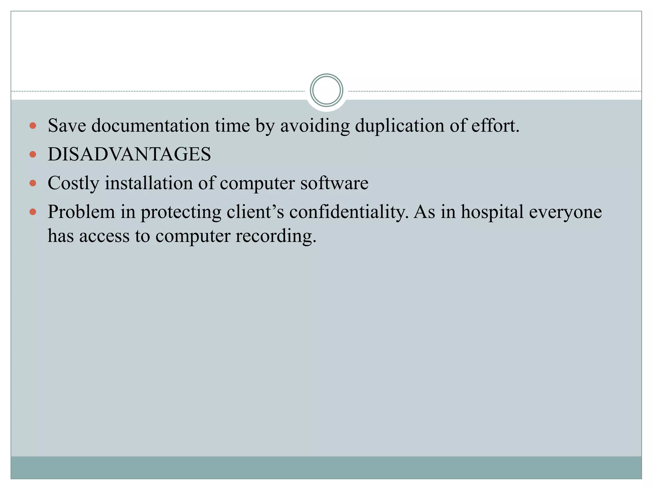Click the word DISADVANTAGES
pyautogui.click(x=129, y=154)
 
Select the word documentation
pyautogui.click(x=150, y=125)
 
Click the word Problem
pyautogui.click(x=81, y=212)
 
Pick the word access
pyautogui.click(x=104, y=236)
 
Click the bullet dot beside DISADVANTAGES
pyautogui.click(x=33, y=155)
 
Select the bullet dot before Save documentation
pyautogui.click(x=33, y=126)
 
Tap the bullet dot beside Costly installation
pyautogui.click(x=33, y=183)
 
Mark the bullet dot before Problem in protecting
pyautogui.click(x=33, y=212)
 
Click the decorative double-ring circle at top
pyautogui.click(x=326, y=90)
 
